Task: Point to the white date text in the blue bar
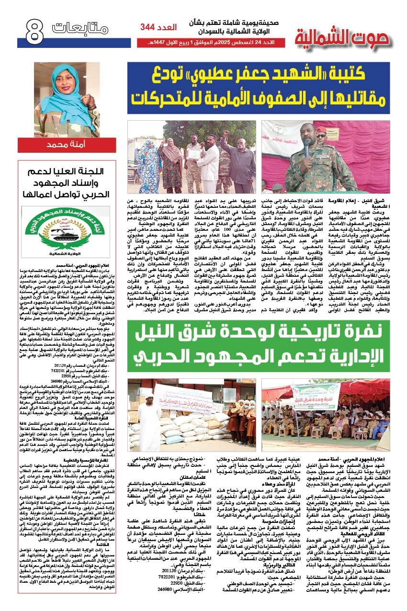coord(210,43)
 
